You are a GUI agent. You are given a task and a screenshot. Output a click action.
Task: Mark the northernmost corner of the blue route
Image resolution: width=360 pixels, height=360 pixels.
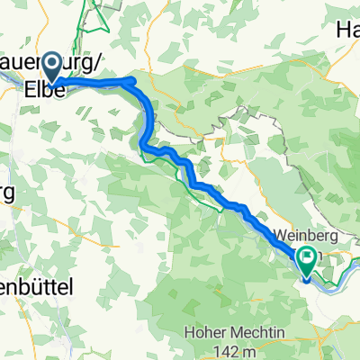pos(133,79)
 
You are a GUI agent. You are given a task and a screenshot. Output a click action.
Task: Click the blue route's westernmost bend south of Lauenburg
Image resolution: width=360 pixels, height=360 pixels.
pos(142,139)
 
